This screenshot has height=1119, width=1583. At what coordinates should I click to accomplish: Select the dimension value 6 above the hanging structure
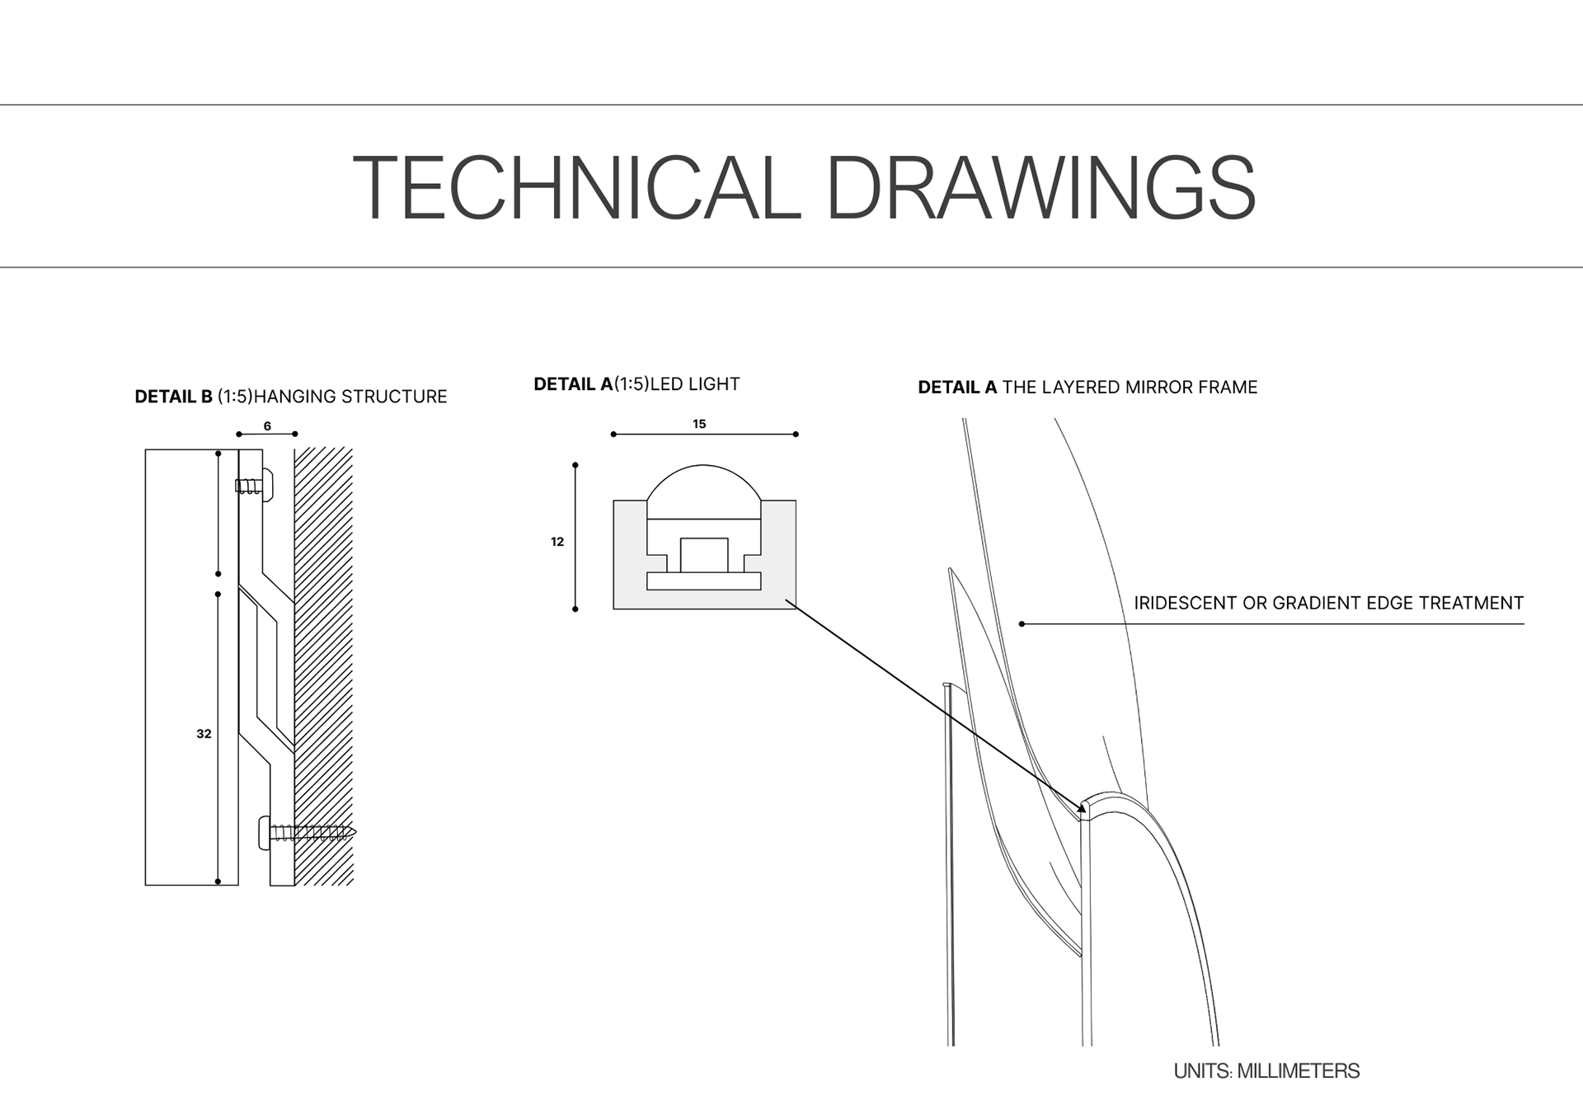click(267, 426)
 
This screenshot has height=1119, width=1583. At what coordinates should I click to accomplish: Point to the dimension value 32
click(204, 734)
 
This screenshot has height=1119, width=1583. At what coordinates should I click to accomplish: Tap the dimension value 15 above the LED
click(699, 424)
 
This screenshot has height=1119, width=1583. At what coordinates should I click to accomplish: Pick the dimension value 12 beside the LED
click(557, 542)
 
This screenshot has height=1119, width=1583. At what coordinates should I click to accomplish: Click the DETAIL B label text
click(173, 397)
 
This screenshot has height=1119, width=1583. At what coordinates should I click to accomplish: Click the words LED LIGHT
click(695, 384)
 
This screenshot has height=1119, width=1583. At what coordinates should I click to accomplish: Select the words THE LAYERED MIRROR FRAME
click(1130, 388)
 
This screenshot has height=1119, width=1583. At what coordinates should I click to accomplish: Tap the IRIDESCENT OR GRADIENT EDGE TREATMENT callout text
click(1328, 603)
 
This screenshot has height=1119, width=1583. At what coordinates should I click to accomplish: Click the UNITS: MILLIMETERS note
click(1266, 1071)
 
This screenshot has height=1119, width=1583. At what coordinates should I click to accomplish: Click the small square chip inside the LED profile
click(703, 554)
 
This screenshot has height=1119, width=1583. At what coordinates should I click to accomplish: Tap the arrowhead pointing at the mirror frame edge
click(1083, 806)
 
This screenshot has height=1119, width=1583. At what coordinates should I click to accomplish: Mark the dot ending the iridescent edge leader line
click(1022, 624)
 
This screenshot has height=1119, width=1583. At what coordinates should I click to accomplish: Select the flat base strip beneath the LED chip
click(703, 581)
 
